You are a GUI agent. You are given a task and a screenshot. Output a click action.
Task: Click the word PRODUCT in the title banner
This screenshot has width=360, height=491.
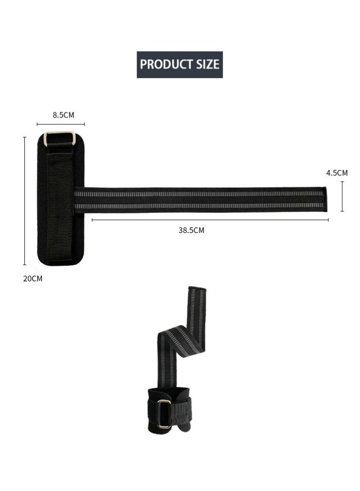(x=166, y=64)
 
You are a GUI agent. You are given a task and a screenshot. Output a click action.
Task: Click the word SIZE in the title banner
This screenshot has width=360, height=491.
(x=207, y=64)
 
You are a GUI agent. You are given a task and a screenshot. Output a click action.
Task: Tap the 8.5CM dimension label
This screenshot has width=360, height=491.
(x=63, y=115)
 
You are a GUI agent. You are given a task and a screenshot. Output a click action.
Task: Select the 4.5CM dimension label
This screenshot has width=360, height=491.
(x=337, y=173)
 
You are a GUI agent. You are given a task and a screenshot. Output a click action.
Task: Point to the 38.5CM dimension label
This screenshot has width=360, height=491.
(x=191, y=231)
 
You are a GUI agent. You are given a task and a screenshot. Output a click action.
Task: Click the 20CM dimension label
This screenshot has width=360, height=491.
(x=33, y=279)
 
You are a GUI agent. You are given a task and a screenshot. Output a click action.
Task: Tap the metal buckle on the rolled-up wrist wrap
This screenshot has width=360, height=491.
(x=163, y=413)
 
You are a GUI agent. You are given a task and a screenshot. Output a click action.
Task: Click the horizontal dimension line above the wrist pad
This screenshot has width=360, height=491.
(x=61, y=124)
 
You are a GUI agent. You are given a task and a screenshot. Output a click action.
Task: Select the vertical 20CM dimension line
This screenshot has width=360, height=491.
(x=24, y=201)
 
